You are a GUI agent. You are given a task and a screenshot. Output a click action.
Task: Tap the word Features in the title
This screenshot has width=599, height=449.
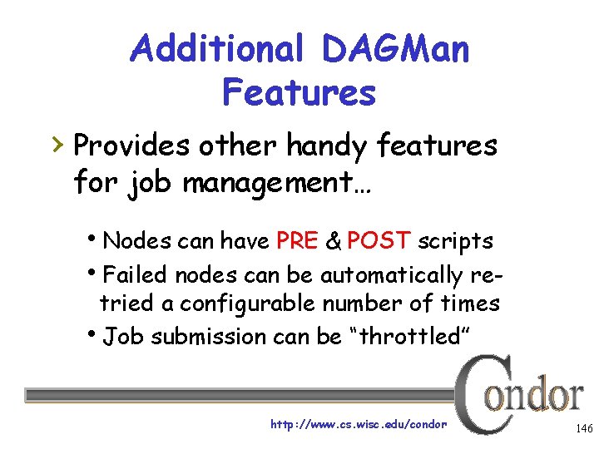point(299,92)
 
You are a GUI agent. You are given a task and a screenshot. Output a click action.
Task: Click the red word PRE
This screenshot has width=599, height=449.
point(296,241)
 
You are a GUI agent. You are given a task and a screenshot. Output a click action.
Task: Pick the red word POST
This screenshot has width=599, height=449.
point(379,241)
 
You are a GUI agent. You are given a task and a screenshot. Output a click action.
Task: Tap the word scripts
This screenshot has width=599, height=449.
point(455,241)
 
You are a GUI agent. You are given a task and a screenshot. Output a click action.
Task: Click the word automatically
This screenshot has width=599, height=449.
point(392,274)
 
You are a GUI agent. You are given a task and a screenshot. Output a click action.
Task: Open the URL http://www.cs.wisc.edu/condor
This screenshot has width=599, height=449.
point(359,424)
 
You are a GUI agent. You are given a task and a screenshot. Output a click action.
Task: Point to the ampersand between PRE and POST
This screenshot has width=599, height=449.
point(333,241)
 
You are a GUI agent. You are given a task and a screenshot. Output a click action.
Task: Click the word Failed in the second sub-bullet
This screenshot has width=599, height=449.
point(135,274)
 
